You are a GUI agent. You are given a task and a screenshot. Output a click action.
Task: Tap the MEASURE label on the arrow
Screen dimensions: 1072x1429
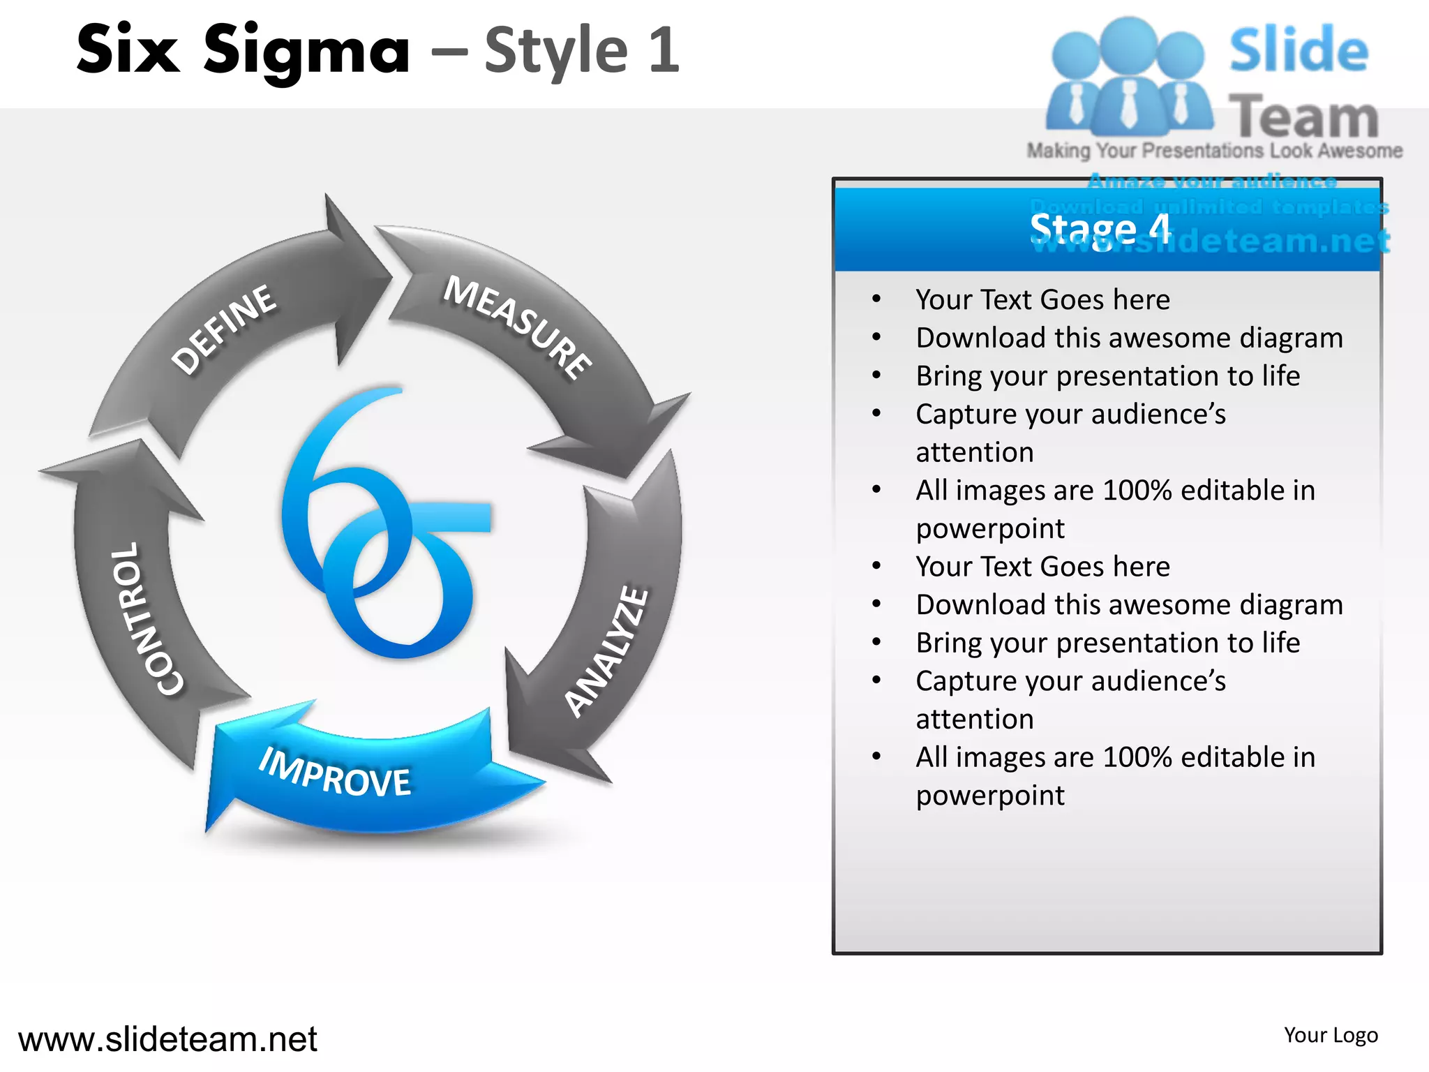pyautogui.click(x=518, y=327)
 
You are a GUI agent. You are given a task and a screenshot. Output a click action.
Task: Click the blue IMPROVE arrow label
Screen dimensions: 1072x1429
pyautogui.click(x=335, y=773)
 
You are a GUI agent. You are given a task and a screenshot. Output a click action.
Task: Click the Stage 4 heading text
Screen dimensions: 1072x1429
pyautogui.click(x=1100, y=229)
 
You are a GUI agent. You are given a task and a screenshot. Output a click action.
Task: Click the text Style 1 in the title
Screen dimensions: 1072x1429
pyautogui.click(x=582, y=50)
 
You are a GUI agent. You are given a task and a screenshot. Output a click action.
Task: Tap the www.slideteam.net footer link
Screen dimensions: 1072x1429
pyautogui.click(x=167, y=1038)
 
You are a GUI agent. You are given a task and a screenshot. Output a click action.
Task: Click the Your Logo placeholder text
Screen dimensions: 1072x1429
pyautogui.click(x=1331, y=1035)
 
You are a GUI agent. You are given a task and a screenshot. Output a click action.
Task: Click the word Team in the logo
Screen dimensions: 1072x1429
pyautogui.click(x=1303, y=117)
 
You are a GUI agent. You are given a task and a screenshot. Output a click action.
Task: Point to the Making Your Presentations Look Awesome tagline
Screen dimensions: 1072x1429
pyautogui.click(x=1214, y=151)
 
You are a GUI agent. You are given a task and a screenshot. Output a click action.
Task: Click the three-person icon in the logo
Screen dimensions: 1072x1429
pyautogui.click(x=1128, y=77)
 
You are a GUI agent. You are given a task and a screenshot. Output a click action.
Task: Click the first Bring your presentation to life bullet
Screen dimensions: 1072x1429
pyautogui.click(x=1107, y=376)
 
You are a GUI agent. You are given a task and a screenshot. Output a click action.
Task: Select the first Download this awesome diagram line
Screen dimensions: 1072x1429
pyautogui.click(x=1129, y=338)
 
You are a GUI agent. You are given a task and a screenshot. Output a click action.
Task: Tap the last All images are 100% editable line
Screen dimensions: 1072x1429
pyautogui.click(x=1115, y=757)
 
